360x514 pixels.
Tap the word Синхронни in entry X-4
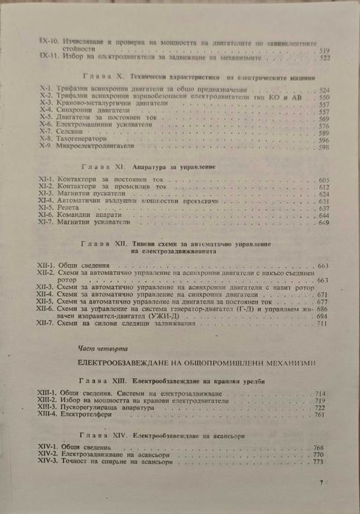[x=78, y=111]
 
